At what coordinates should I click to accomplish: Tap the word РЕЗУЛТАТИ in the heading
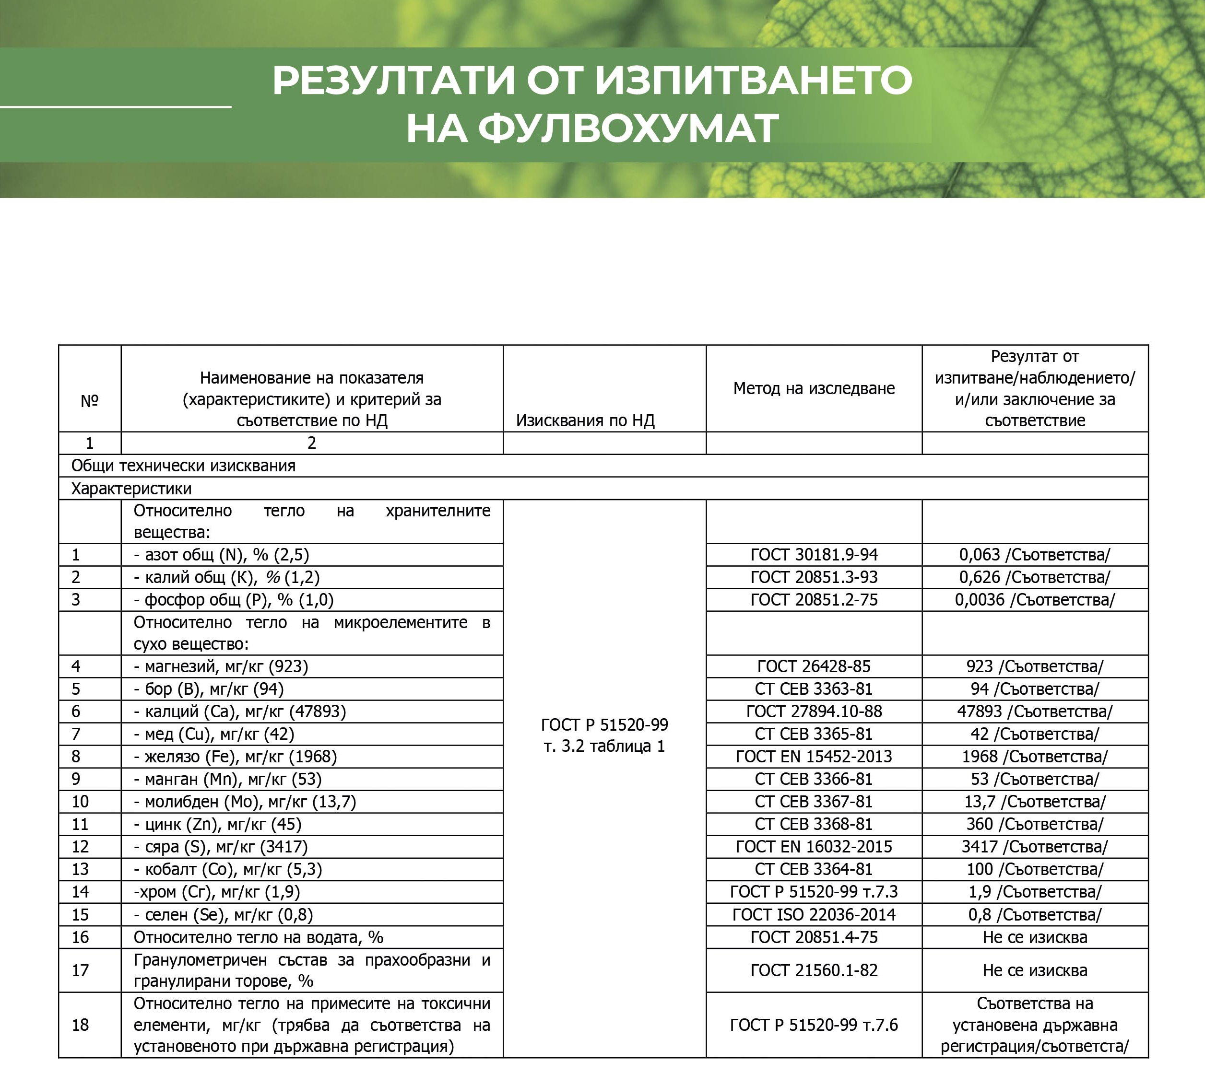(393, 81)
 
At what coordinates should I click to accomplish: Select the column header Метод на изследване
(814, 389)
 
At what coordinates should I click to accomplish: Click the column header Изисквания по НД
(585, 421)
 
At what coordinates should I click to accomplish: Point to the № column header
(90, 401)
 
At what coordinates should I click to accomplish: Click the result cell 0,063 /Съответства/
(1034, 555)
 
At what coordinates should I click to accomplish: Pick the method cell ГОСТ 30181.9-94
(814, 555)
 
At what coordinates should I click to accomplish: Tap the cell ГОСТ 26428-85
(814, 666)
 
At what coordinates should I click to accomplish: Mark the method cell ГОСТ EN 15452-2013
(814, 757)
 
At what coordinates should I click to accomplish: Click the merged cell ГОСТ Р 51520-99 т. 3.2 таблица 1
(604, 735)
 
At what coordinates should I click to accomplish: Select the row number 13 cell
(81, 869)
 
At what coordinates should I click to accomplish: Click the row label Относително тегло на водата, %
(258, 937)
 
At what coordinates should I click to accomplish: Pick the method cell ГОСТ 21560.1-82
(814, 970)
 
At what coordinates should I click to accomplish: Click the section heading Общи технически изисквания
(184, 466)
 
